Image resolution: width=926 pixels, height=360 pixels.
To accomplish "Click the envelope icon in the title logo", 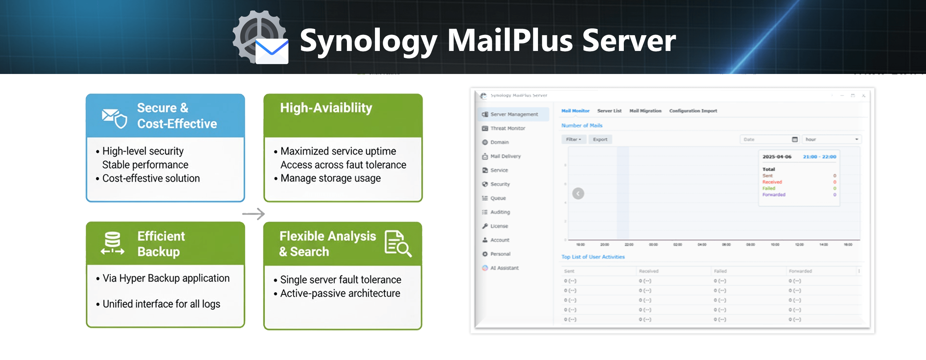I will coord(272,51).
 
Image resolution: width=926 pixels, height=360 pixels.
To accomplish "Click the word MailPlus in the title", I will coord(510,40).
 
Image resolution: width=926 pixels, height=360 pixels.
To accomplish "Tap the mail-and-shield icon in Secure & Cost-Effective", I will coord(114,117).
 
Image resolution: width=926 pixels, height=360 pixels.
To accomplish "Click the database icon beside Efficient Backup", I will coord(112,243).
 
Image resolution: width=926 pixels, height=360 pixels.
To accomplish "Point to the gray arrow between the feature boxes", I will coord(254,214).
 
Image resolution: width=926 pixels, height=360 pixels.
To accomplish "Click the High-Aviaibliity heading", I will coord(326,108).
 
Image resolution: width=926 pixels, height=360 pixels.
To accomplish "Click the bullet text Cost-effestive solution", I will coord(151,178).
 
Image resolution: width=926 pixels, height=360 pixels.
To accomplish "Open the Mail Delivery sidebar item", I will coord(505,156).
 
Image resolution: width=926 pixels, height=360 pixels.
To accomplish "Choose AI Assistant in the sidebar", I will coord(504,268).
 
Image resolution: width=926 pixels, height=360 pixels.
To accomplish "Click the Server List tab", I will coord(609,111).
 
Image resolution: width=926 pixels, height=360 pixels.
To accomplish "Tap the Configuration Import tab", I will coord(693,111).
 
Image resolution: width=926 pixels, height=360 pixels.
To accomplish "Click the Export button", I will coord(600,139).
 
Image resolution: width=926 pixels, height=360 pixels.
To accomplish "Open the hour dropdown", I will coord(831,139).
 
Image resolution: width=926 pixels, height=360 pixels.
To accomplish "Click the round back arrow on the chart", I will coord(578,194).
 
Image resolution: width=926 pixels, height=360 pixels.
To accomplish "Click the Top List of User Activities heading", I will coord(593,257).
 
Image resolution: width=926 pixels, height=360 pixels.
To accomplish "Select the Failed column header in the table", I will coord(720,271).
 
